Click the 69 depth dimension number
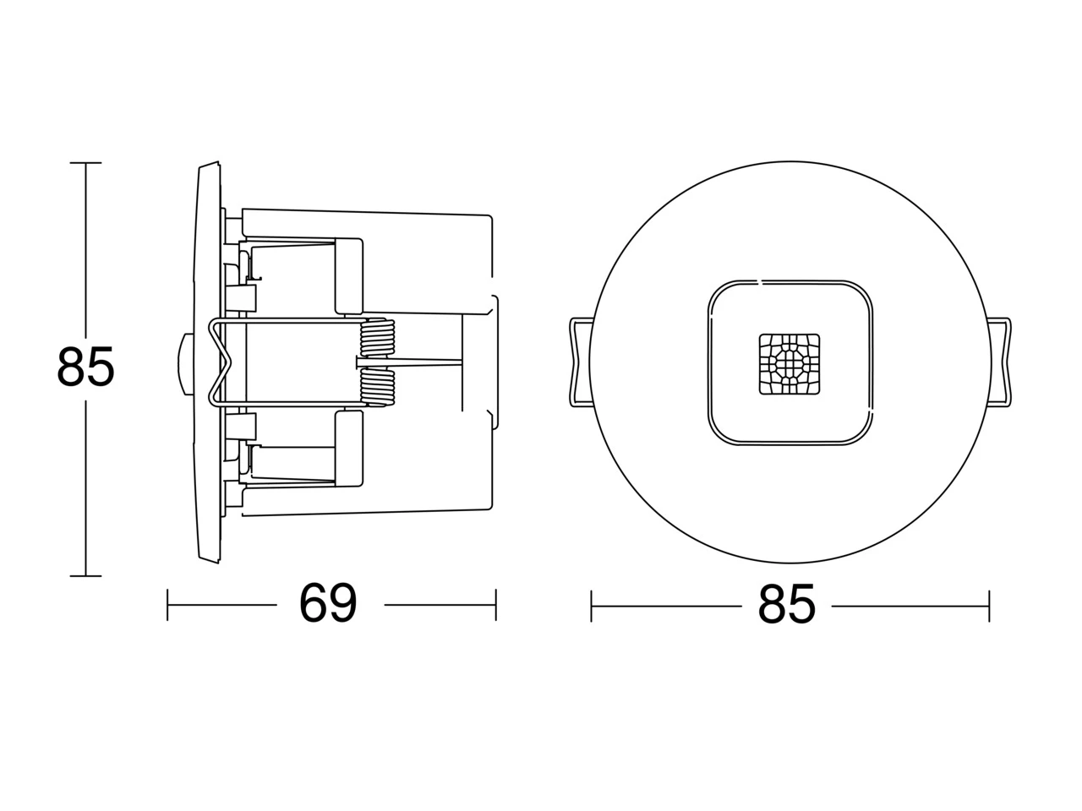coord(328,604)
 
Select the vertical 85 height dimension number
coord(85,366)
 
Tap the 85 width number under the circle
coord(787,605)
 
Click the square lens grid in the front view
coord(790,364)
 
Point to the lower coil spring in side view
coord(378,388)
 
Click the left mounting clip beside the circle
coord(580,362)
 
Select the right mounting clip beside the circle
coord(1000,362)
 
